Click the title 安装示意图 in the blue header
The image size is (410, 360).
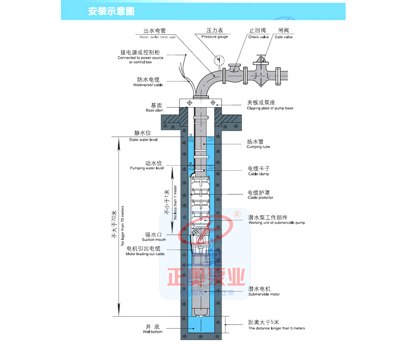click(x=112, y=11)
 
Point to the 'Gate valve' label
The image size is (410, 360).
click(x=285, y=37)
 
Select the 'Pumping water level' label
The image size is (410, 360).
click(x=147, y=169)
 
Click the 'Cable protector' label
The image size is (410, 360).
click(x=260, y=198)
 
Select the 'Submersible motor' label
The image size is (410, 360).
click(x=264, y=294)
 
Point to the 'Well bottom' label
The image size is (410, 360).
click(x=151, y=332)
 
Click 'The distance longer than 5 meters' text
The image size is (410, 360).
click(x=276, y=329)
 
